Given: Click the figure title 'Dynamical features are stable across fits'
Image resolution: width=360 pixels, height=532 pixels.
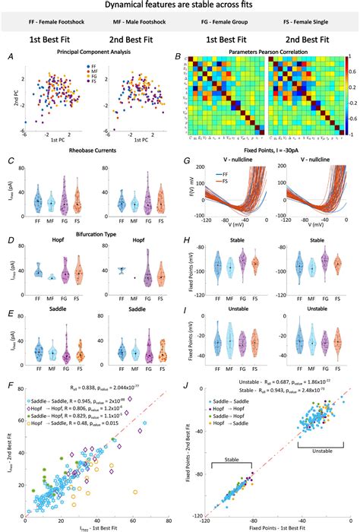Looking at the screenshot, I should click(x=180, y=7).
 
